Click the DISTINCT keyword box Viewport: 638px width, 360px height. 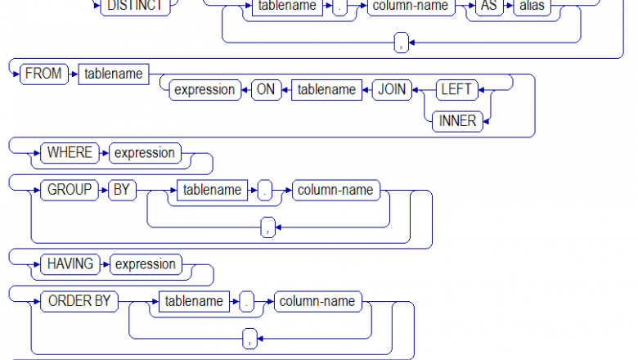coord(135,7)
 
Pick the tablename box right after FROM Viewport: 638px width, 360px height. coord(114,74)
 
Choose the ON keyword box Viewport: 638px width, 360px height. coord(266,90)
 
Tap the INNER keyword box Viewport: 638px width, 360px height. coord(457,122)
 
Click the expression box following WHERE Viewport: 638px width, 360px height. coord(144,153)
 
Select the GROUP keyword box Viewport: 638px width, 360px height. coord(70,191)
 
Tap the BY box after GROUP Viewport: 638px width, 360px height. coord(121,191)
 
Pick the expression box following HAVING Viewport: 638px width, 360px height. coord(145,264)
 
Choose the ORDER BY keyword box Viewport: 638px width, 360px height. coord(79,301)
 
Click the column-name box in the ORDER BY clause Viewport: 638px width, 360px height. coord(317,301)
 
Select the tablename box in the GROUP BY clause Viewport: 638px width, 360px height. coord(212,191)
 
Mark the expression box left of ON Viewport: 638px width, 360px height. coord(204,90)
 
